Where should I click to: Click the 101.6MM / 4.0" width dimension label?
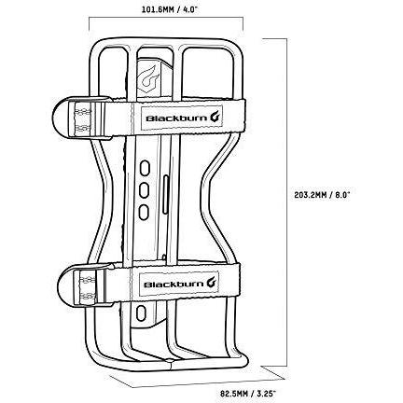coord(170,9)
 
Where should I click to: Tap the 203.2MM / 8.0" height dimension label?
coord(322,195)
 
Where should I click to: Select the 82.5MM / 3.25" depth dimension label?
coord(248,394)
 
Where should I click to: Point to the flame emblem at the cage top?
coord(147,76)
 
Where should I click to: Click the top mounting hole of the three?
coord(144,169)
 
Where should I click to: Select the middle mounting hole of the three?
coord(144,190)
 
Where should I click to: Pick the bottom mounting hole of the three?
coord(144,213)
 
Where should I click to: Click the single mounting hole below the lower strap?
coord(141,313)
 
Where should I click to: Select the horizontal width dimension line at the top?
coord(166,18)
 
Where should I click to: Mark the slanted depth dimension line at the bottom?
coord(198,382)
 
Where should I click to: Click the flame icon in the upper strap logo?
coord(216,117)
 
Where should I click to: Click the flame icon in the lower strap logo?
coord(213,284)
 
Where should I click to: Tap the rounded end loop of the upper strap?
coord(61,118)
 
